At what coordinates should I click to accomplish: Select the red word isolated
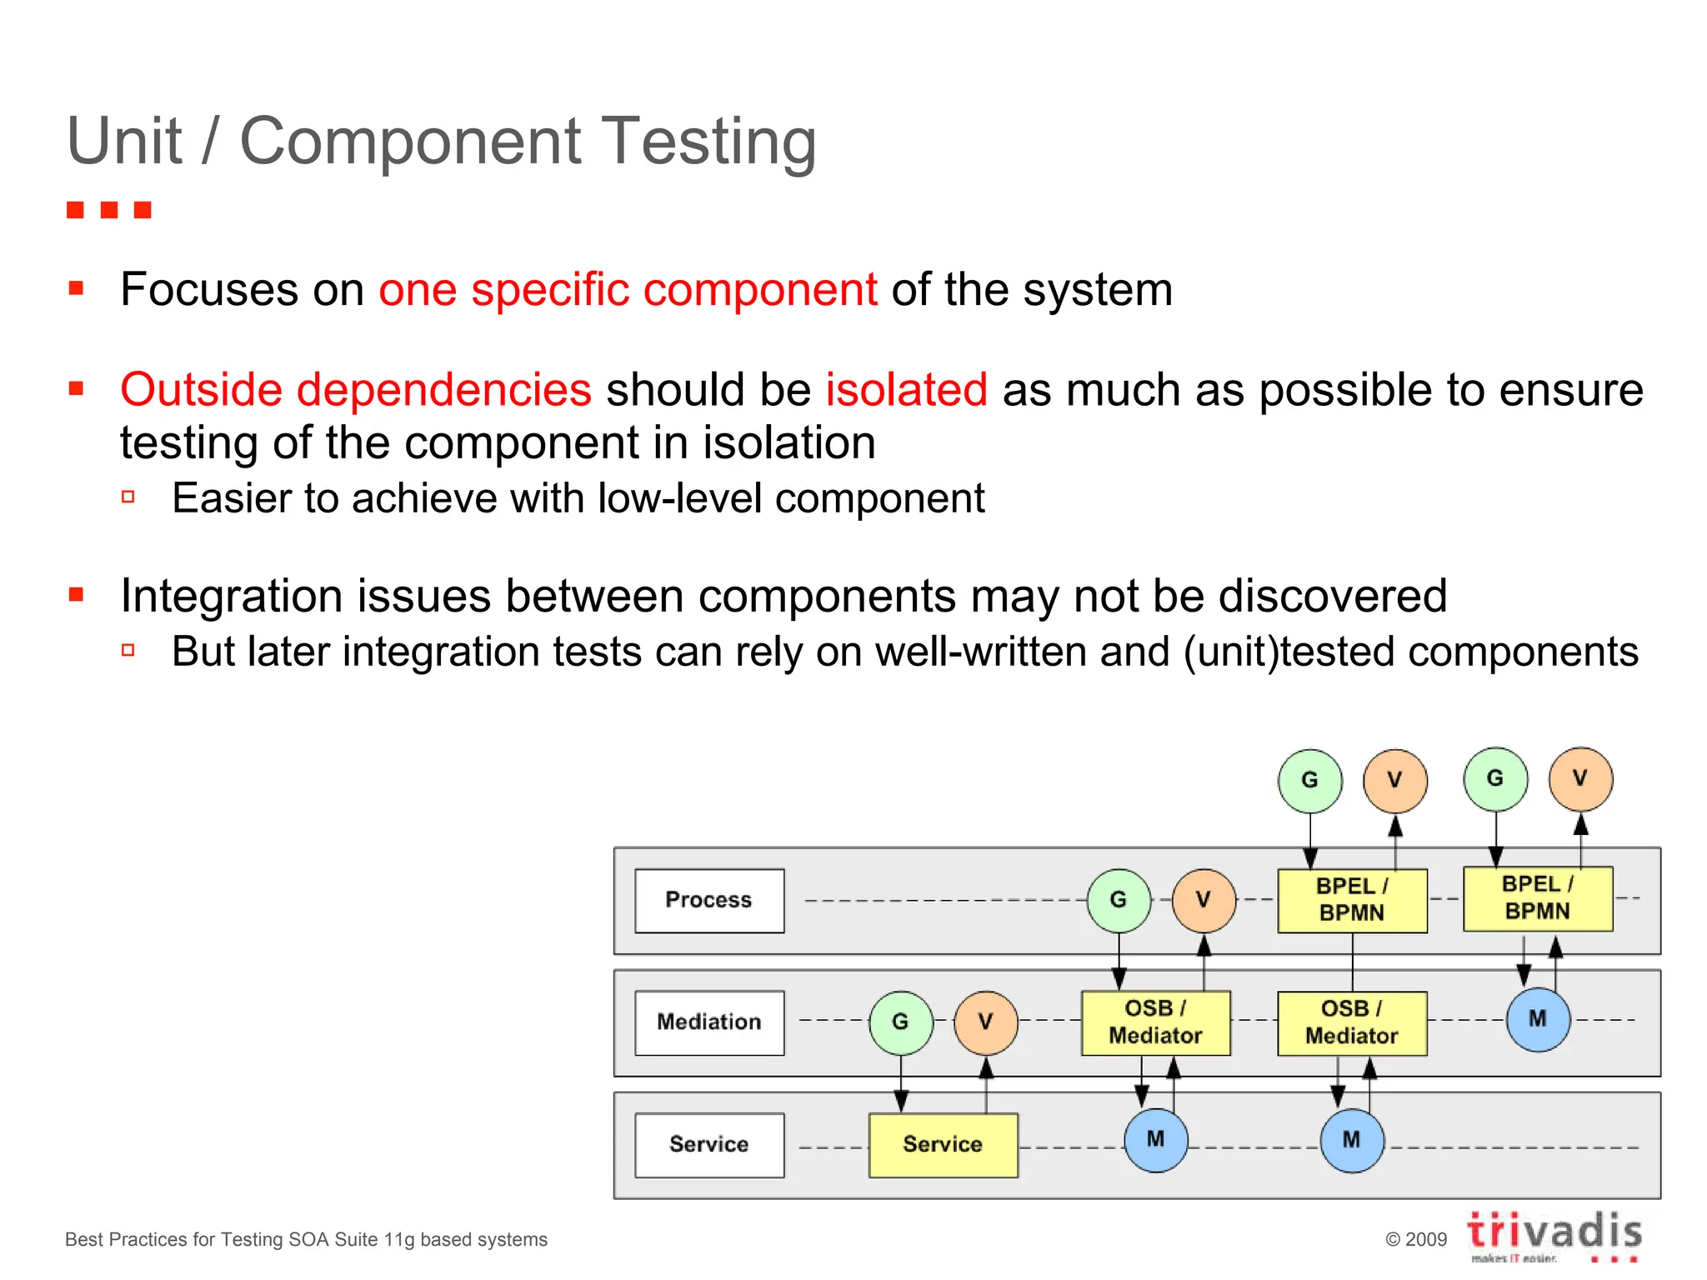pos(906,390)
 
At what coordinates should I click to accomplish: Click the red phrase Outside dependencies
pos(356,390)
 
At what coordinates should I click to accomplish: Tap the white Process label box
pos(708,900)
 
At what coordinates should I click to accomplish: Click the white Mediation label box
pos(708,1022)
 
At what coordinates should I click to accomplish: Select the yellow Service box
pos(943,1144)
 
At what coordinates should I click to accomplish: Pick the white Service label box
pos(708,1144)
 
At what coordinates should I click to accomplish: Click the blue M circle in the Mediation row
pos(1538,1019)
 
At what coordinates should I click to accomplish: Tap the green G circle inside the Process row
pos(1119,900)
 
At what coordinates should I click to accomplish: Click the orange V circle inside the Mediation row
pos(985,1022)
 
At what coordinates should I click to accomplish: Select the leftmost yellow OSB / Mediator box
pos(1155,1022)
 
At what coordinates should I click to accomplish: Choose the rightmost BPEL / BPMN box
pos(1538,898)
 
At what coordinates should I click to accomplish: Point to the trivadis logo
pos(1554,1233)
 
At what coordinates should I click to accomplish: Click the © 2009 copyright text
pos(1416,1239)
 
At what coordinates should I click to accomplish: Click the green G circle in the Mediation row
pos(900,1022)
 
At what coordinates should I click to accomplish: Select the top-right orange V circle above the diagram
pos(1580,779)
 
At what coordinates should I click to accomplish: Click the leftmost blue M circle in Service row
pos(1155,1140)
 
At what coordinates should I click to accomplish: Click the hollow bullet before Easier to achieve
pos(128,497)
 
